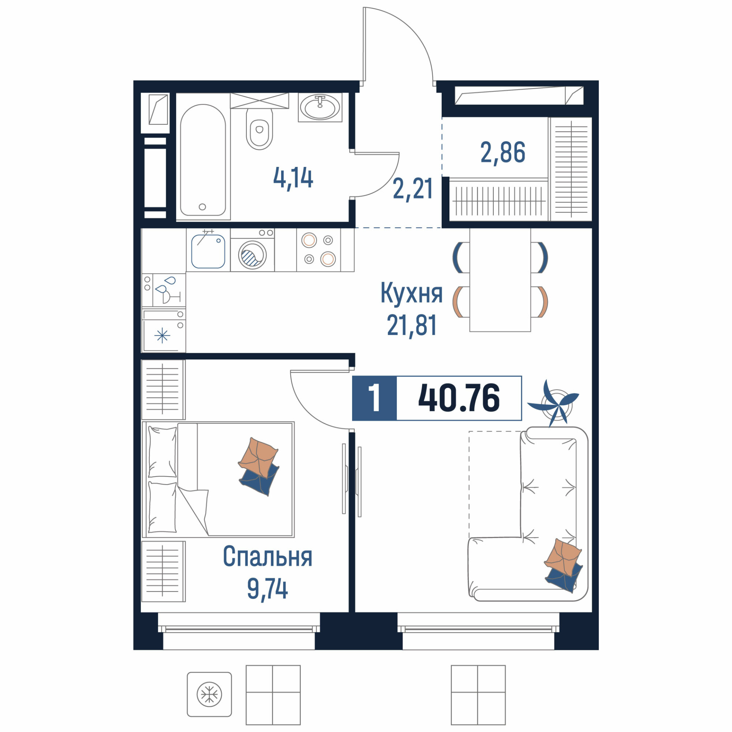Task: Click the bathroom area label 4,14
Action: (293, 179)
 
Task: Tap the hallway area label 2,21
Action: (412, 190)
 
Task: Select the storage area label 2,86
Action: (503, 152)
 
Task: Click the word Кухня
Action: (411, 293)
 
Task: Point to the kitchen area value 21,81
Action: (412, 325)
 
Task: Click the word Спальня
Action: (268, 557)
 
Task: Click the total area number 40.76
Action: (459, 398)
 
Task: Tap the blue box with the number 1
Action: (374, 398)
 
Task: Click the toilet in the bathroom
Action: (259, 129)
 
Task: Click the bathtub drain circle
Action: (202, 207)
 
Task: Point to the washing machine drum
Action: (252, 255)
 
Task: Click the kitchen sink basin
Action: (208, 251)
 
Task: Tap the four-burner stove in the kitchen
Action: (319, 250)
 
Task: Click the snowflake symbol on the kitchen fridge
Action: (162, 335)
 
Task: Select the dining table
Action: (500, 280)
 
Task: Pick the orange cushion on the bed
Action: (258, 456)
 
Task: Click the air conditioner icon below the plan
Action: (209, 695)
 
